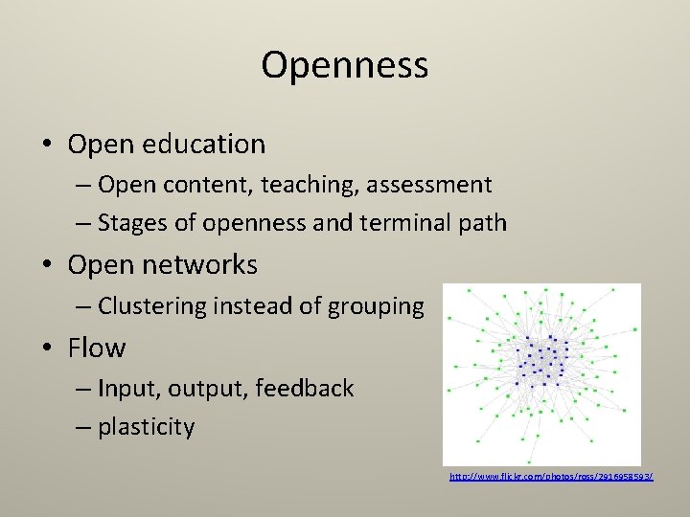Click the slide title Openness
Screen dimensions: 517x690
pos(344,65)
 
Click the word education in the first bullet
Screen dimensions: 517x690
pos(203,145)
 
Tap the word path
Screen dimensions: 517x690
pos(482,224)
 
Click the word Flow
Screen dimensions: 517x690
pos(96,348)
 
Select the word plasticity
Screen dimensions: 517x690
pos(146,427)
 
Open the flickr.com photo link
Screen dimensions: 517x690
pos(551,476)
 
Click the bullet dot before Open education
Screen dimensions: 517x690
pos(48,146)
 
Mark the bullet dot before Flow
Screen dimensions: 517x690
pos(48,348)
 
